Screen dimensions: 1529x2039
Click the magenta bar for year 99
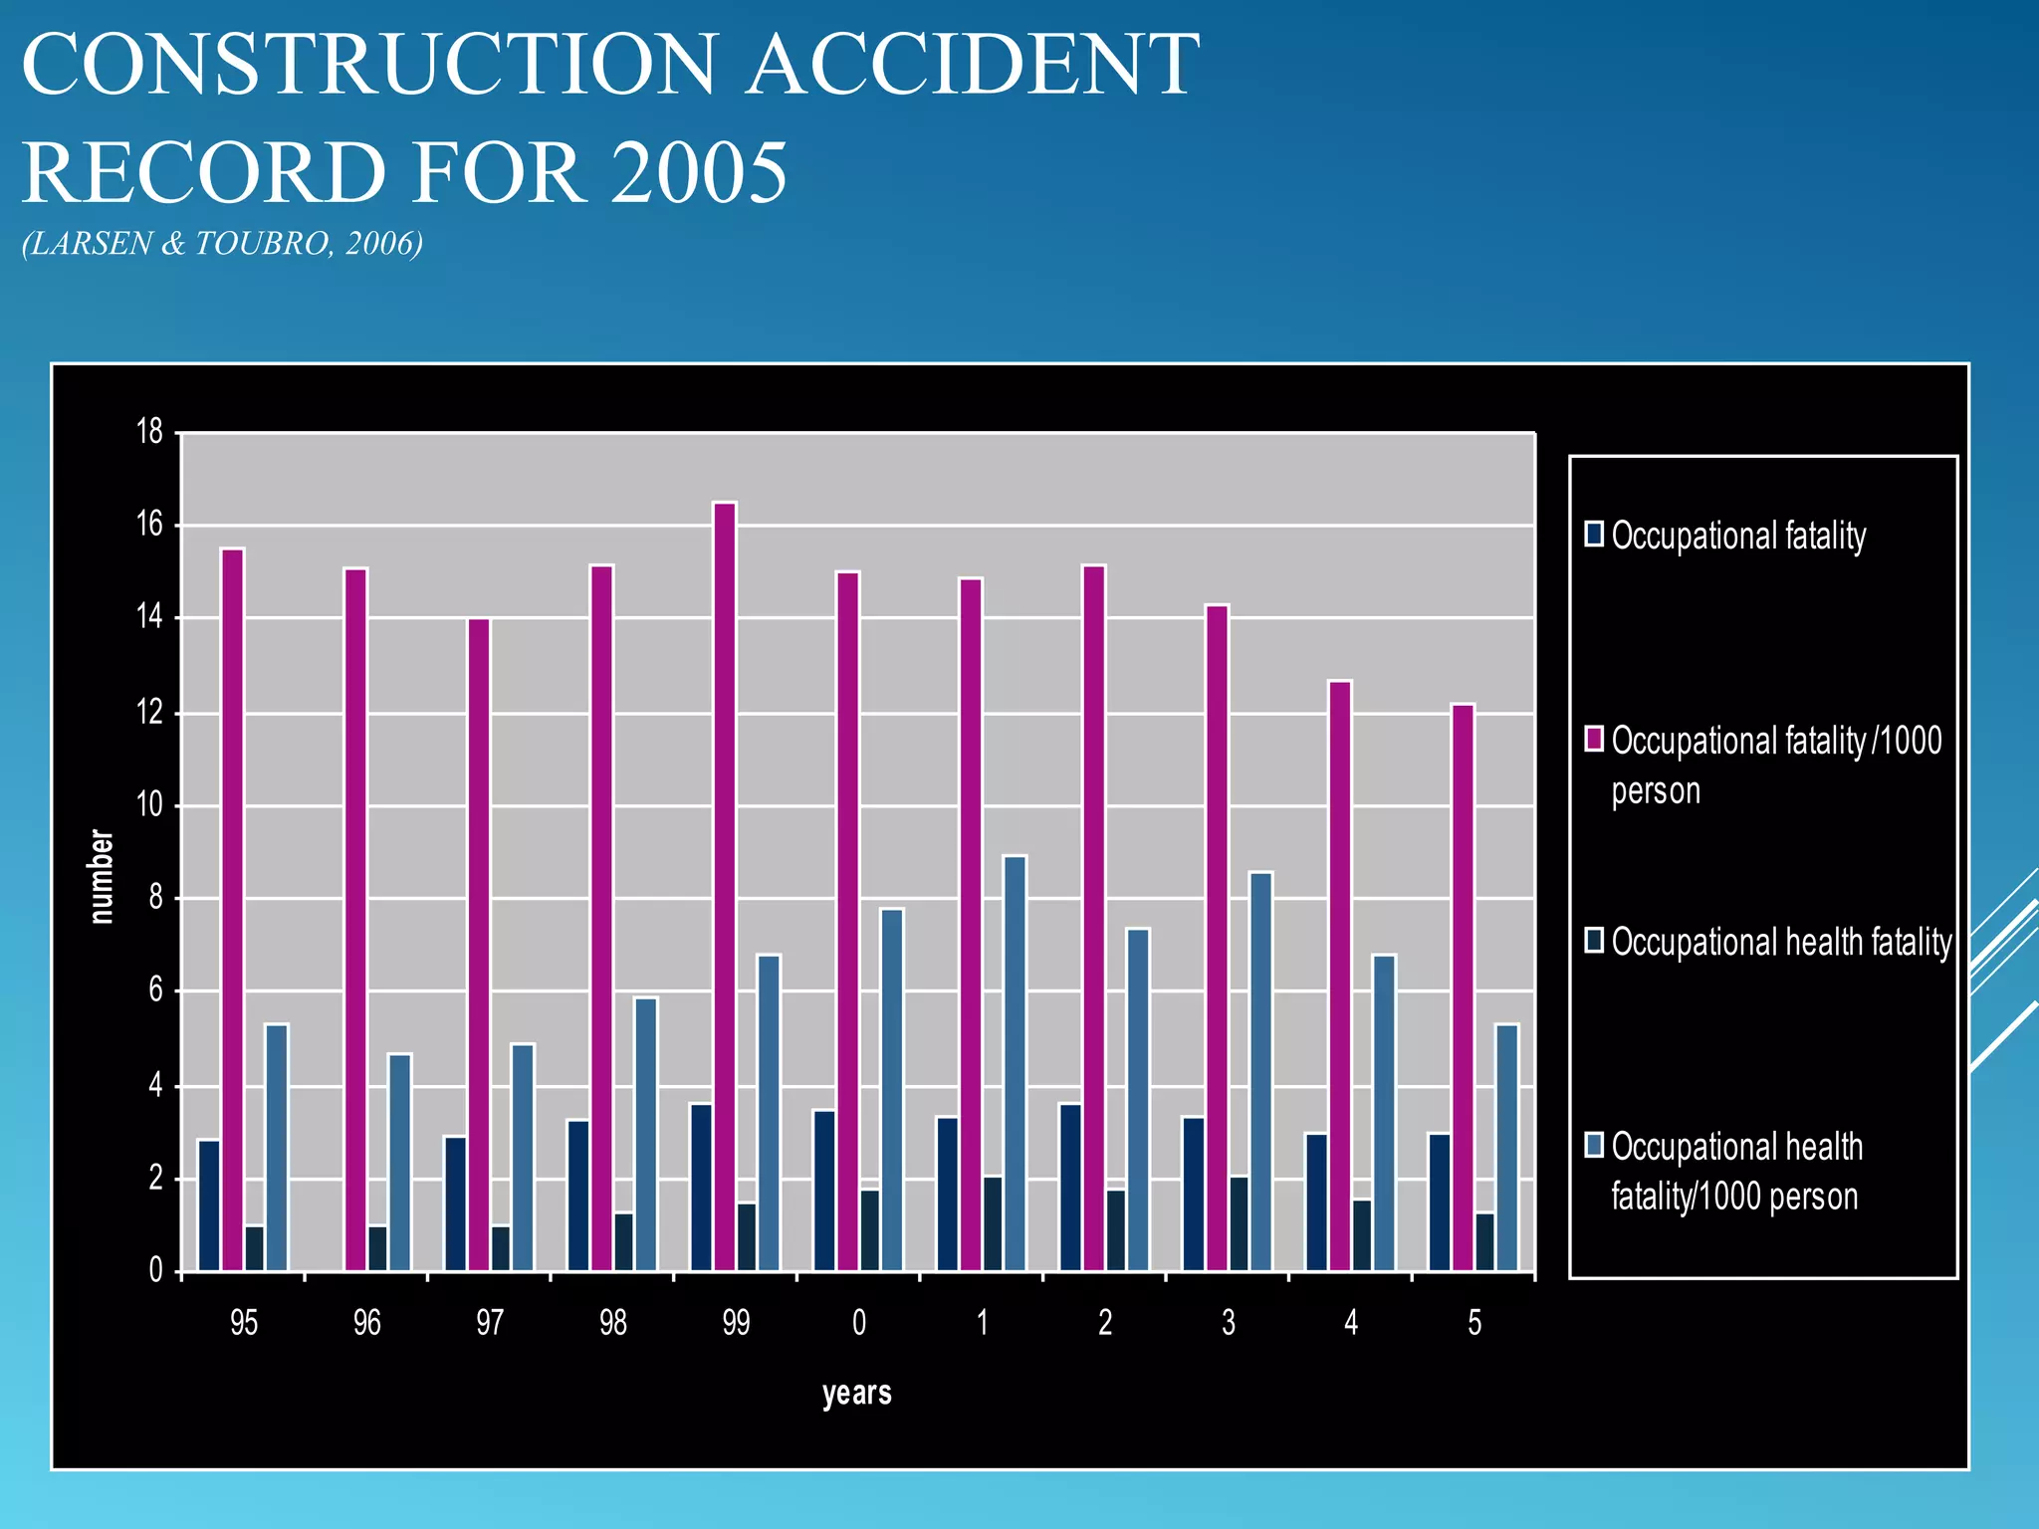tap(725, 886)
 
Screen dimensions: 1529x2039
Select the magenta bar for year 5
tap(1463, 985)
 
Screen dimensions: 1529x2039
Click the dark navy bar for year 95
tap(209, 1204)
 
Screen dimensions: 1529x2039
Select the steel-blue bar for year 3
tap(1260, 1070)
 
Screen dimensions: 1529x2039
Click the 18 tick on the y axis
tap(149, 431)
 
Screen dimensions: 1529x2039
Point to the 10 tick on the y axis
tap(149, 804)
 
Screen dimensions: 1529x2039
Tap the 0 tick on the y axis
tap(155, 1270)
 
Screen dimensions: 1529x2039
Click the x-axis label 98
tap(613, 1322)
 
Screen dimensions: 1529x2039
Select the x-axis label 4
tap(1351, 1322)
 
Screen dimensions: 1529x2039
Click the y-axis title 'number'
tap(102, 876)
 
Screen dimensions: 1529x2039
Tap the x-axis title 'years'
tap(856, 1393)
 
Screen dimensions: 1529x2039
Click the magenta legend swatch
tap(1594, 739)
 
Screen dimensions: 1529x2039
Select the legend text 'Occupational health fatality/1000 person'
tap(1735, 1171)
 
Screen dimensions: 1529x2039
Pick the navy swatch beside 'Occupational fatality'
tap(1594, 534)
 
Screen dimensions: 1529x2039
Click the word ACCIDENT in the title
tap(973, 65)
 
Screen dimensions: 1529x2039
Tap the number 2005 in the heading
tap(697, 172)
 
